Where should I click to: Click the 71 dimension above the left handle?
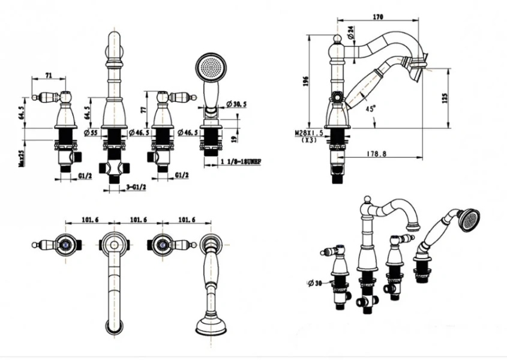[x=49, y=76]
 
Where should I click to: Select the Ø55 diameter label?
[x=92, y=133]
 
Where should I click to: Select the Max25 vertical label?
[x=21, y=154]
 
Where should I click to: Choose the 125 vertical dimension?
[x=445, y=97]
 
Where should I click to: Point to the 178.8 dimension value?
[x=377, y=154]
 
